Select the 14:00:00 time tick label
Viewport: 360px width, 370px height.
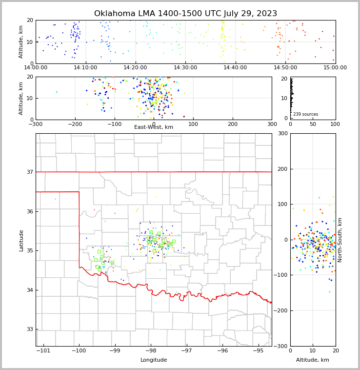[x=36, y=67]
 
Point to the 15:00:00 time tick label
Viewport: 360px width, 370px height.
[x=336, y=67]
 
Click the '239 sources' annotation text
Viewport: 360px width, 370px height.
[x=305, y=114]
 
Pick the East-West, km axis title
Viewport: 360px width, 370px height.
[x=154, y=127]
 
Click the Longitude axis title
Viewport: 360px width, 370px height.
[x=154, y=360]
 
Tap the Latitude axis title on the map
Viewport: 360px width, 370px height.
[x=21, y=240]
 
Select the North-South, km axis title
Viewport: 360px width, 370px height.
[x=340, y=240]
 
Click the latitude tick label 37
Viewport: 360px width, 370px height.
[x=29, y=172]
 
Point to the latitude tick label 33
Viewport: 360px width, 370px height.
[x=29, y=329]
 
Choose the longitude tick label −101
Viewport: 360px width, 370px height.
[x=43, y=350]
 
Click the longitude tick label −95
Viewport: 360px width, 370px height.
[x=258, y=350]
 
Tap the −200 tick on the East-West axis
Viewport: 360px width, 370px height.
[x=75, y=124]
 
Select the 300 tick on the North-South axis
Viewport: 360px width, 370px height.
[x=282, y=133]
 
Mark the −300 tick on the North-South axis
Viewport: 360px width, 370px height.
[x=280, y=346]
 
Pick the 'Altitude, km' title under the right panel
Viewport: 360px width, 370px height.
[x=313, y=360]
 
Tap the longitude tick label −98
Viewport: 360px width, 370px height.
[x=150, y=350]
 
